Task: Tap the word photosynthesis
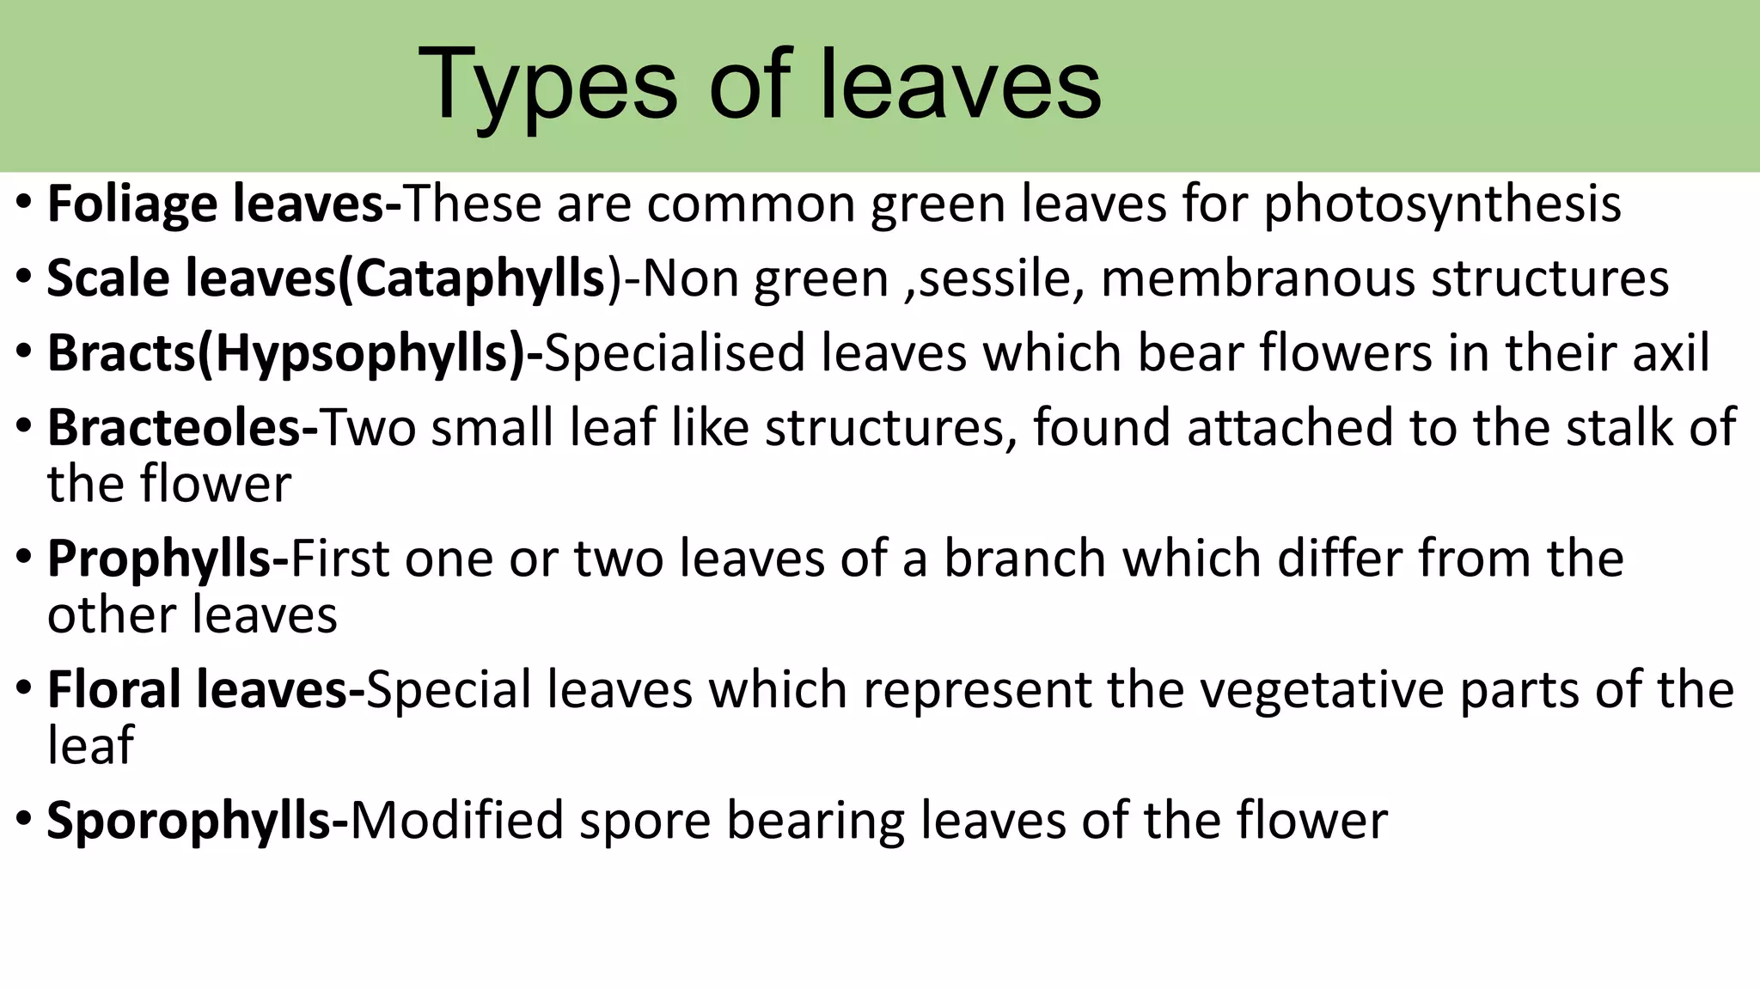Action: click(1442, 205)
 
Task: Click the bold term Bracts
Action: click(121, 353)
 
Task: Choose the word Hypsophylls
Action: click(361, 353)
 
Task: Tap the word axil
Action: click(1671, 353)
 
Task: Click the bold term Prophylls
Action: click(160, 559)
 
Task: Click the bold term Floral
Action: click(112, 690)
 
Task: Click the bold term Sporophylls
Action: click(189, 821)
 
